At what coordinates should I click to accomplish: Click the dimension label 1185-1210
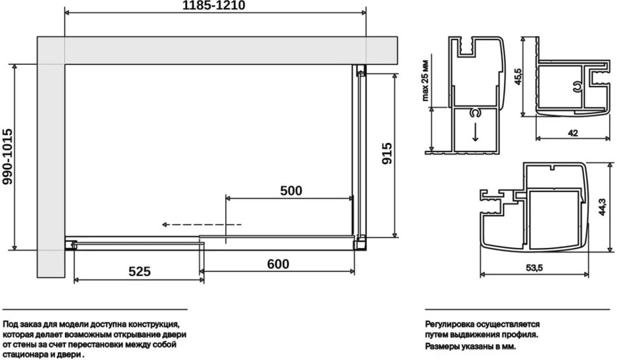click(214, 6)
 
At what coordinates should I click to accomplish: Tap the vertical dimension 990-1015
click(8, 156)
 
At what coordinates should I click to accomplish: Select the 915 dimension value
click(387, 153)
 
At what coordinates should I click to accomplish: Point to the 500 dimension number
click(291, 190)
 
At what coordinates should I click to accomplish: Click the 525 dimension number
click(140, 271)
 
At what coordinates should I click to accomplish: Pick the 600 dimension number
click(278, 263)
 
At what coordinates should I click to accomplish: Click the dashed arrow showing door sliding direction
click(202, 225)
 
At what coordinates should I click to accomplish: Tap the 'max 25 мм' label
click(425, 81)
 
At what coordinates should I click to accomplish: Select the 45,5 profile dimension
click(517, 76)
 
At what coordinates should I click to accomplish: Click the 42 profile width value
click(573, 133)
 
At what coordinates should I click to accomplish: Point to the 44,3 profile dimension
click(602, 207)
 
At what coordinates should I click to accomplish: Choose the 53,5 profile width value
click(534, 268)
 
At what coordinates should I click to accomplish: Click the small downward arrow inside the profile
click(475, 132)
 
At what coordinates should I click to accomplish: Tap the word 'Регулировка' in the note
click(449, 325)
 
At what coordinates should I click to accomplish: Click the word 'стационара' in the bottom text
click(23, 354)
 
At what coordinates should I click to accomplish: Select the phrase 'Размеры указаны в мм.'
click(470, 347)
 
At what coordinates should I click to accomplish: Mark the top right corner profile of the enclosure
click(361, 70)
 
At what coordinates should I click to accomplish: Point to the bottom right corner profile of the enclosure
click(361, 243)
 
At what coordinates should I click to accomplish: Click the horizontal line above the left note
click(95, 310)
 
